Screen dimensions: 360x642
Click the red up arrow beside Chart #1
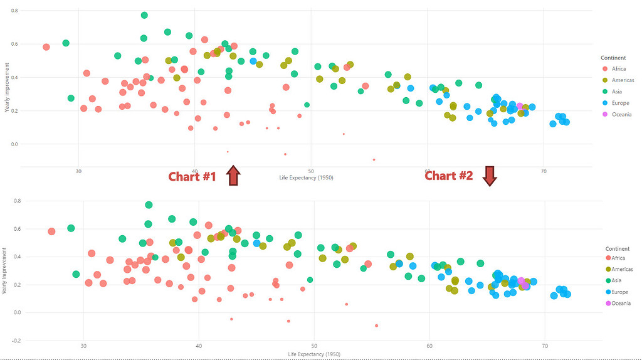pyautogui.click(x=233, y=176)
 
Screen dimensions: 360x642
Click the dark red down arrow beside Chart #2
pyautogui.click(x=490, y=176)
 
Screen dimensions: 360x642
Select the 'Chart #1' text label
pyautogui.click(x=192, y=177)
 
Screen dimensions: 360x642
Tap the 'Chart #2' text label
pyautogui.click(x=449, y=176)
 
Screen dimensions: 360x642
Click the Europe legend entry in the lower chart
pyautogui.click(x=619, y=292)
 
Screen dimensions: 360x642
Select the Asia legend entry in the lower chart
pyautogui.click(x=617, y=281)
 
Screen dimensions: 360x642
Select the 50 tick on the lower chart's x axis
pyautogui.click(x=314, y=346)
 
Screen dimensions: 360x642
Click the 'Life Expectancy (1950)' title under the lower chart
pyautogui.click(x=314, y=355)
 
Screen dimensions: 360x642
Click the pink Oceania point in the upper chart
pyautogui.click(x=520, y=107)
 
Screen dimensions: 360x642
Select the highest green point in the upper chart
pyautogui.click(x=144, y=15)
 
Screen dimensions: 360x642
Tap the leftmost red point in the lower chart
pyautogui.click(x=51, y=231)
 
